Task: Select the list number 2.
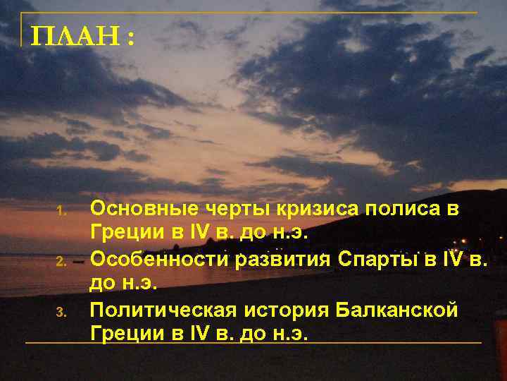61,262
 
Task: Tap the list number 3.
61,311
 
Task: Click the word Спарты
376,260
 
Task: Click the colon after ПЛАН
131,38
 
